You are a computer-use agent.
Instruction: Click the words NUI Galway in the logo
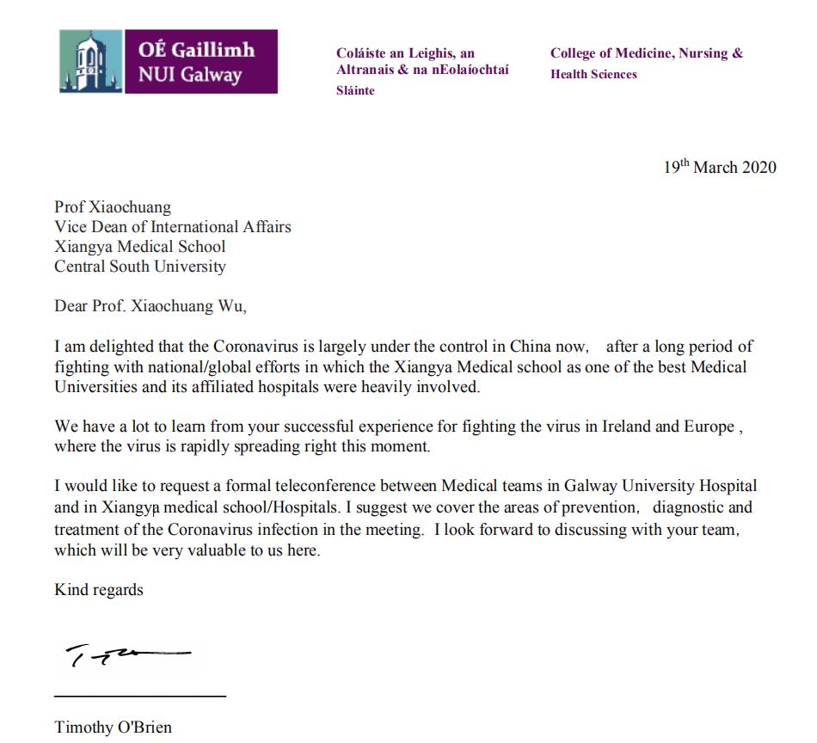(190, 75)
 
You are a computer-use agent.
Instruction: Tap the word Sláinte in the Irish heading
(355, 90)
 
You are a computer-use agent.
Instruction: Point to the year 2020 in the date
(758, 167)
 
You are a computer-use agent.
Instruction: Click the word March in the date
(716, 167)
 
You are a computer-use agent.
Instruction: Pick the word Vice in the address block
(70, 227)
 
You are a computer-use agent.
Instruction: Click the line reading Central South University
(140, 267)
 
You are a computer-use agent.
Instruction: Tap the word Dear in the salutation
(71, 307)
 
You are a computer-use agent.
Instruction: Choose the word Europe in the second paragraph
(708, 427)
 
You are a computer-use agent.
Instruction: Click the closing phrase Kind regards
(99, 590)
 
